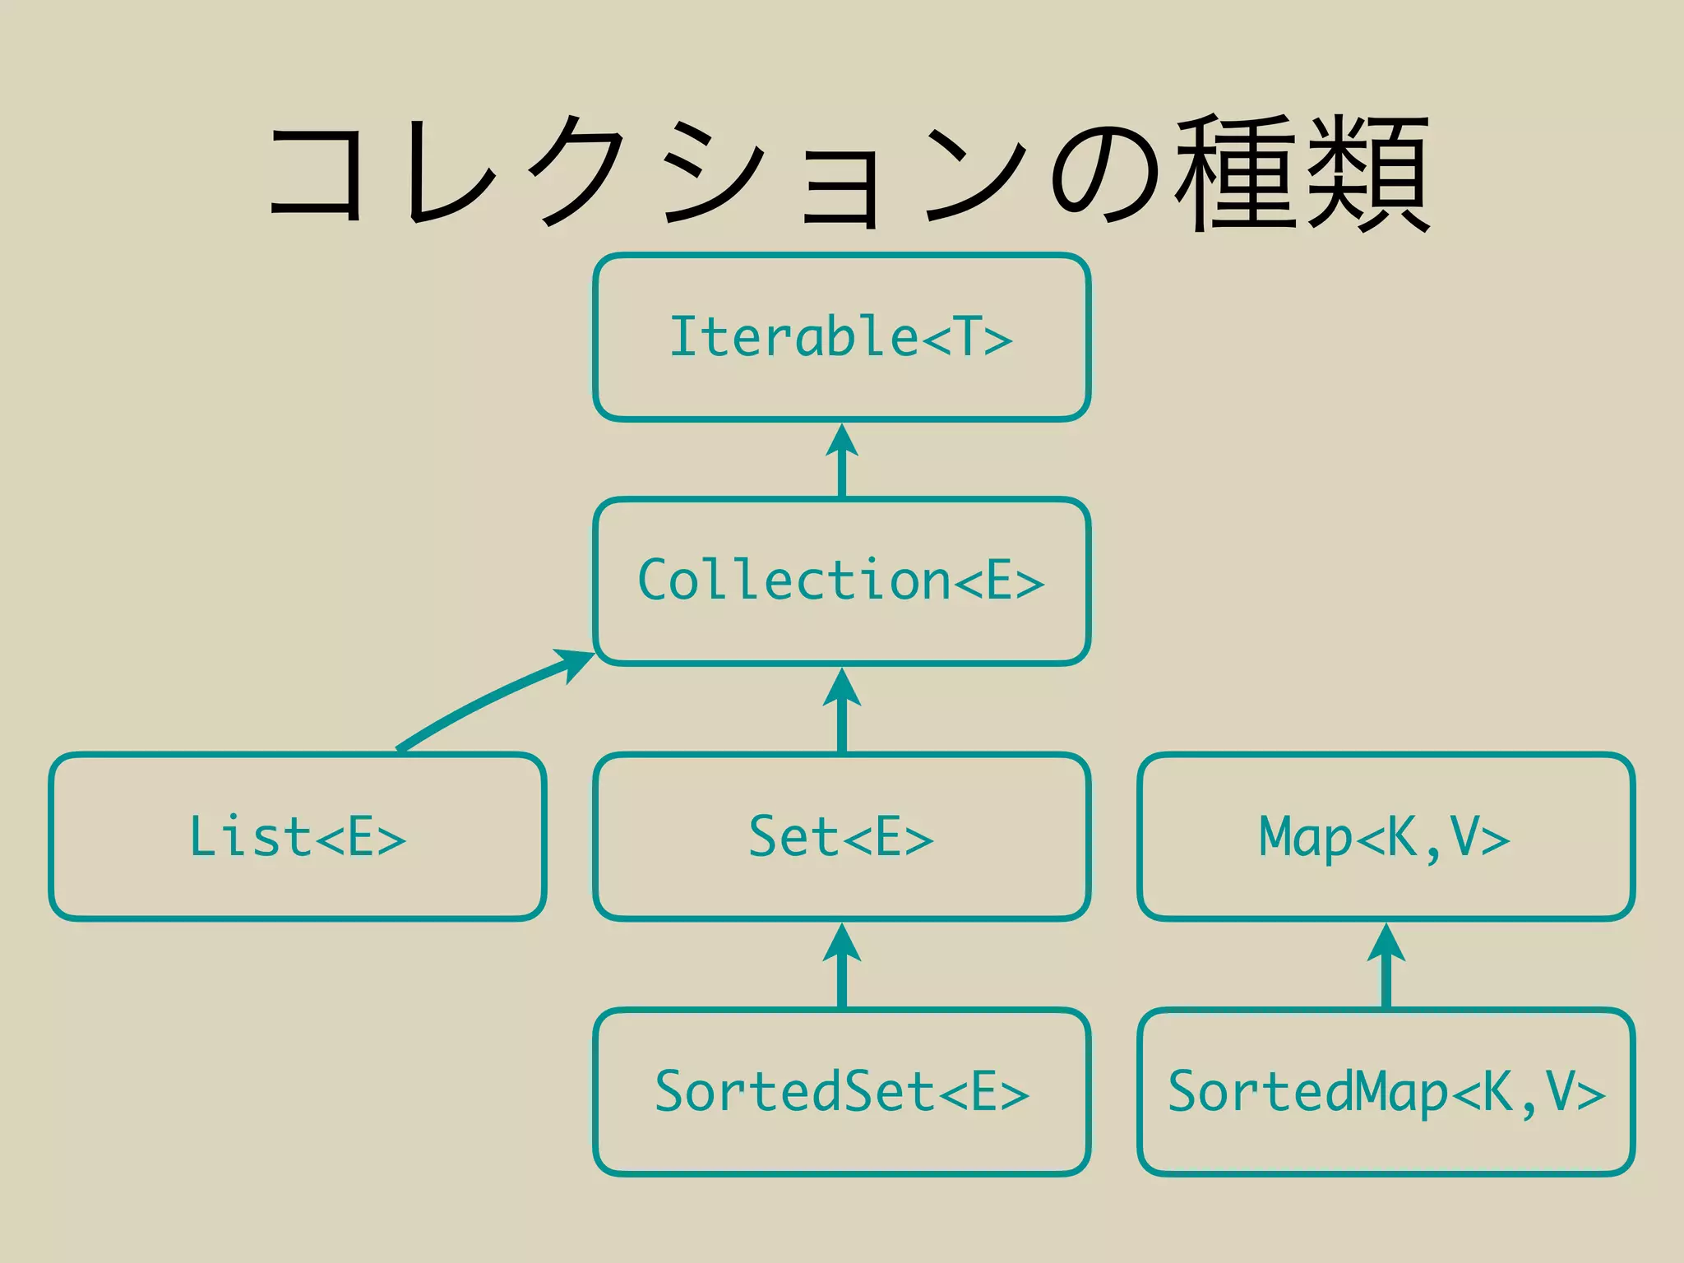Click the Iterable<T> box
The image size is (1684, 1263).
pos(841,337)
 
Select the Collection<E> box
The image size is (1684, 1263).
pos(841,581)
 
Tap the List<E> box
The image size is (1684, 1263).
pos(297,836)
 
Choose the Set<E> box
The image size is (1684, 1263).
pos(841,836)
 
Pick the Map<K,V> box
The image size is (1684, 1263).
pos(1386,836)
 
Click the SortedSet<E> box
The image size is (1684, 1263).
pos(841,1091)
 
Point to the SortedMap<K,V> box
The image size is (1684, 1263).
pos(1386,1091)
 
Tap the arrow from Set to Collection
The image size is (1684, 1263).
pos(841,710)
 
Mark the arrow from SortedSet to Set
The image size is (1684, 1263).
pos(841,965)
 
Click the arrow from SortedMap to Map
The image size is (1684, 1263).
pos(1386,965)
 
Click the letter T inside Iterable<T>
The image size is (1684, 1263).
pos(967,337)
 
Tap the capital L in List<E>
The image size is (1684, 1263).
pos(203,836)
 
